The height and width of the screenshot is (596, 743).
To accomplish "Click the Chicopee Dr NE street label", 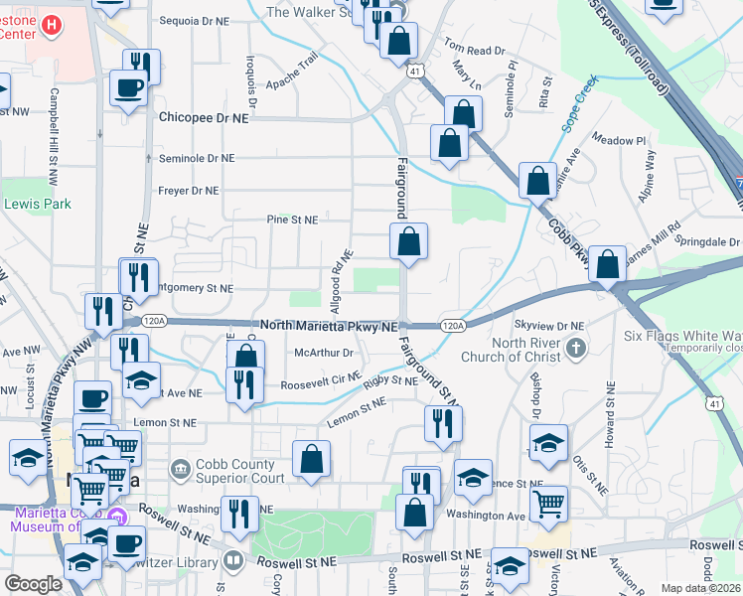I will click(204, 117).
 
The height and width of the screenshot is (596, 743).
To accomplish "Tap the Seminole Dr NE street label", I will click(197, 158).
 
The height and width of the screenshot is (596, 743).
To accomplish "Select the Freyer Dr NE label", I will click(189, 190).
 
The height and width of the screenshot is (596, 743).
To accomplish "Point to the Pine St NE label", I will click(292, 220).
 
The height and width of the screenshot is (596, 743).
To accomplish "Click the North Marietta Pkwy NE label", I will click(329, 326).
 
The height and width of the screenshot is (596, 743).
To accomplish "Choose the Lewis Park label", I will click(24, 204).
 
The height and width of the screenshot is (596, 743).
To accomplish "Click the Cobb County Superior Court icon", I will click(180, 468).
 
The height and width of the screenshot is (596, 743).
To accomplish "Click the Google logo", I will click(33, 584).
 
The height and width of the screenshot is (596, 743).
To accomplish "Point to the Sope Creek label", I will click(580, 105).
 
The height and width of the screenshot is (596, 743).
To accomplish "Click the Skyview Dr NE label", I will click(549, 326).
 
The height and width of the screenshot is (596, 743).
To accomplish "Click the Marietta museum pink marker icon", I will click(117, 517).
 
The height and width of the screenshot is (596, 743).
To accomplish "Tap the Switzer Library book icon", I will click(233, 560).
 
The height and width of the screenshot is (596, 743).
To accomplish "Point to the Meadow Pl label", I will click(620, 140).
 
